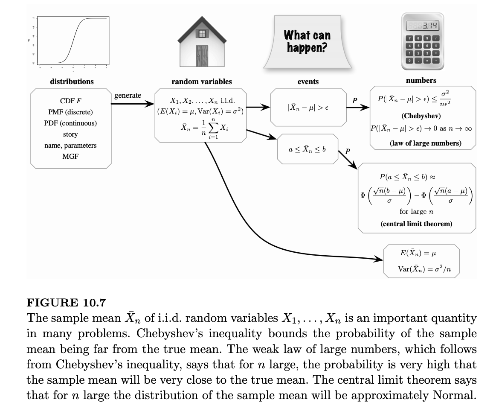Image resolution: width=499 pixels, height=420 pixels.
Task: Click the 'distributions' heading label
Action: [72, 81]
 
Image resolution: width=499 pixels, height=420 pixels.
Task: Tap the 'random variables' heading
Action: [201, 82]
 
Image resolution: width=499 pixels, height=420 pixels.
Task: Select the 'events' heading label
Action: [308, 82]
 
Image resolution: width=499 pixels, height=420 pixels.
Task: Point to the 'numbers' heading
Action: [421, 80]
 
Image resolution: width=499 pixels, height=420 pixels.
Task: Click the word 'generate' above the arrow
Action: [128, 96]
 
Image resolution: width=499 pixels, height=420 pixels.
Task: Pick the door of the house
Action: [202, 56]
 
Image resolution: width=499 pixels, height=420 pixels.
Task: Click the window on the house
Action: [202, 33]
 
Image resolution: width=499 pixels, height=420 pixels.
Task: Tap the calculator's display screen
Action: [422, 26]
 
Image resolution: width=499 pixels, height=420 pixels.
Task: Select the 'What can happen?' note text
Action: [307, 41]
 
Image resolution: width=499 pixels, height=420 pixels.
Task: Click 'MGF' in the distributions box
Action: [71, 156]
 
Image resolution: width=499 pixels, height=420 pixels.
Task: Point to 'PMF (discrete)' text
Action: [71, 112]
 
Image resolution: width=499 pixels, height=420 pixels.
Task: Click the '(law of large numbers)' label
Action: [425, 143]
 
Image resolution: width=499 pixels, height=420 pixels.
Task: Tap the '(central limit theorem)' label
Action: [416, 223]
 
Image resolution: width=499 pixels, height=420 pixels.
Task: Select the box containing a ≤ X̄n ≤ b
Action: [308, 149]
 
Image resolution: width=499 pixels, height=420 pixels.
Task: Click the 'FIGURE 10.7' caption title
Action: [66, 303]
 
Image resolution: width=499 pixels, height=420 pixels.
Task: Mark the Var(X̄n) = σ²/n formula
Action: [422, 269]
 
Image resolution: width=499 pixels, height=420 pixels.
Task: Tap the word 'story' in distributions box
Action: [71, 134]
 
